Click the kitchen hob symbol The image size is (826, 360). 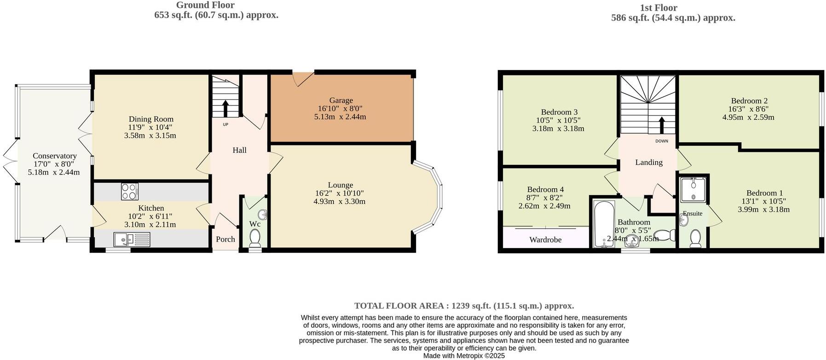click(x=130, y=192)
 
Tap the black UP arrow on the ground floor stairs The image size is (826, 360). click(x=225, y=109)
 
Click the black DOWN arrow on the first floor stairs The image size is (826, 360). click(x=662, y=125)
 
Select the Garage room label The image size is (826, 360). click(x=341, y=100)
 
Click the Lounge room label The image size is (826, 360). click(x=341, y=185)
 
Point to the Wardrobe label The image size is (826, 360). click(x=545, y=239)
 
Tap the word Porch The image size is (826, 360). click(x=225, y=239)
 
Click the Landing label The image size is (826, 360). click(x=649, y=162)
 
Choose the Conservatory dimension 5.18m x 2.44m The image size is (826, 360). click(x=54, y=172)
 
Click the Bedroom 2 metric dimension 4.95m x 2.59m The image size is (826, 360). click(x=748, y=117)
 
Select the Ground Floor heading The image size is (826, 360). click(x=205, y=5)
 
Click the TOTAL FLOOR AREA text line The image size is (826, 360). click(x=464, y=306)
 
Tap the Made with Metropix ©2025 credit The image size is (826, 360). click(x=464, y=356)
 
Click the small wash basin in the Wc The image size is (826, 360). click(x=263, y=214)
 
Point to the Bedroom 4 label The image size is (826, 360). click(x=545, y=189)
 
